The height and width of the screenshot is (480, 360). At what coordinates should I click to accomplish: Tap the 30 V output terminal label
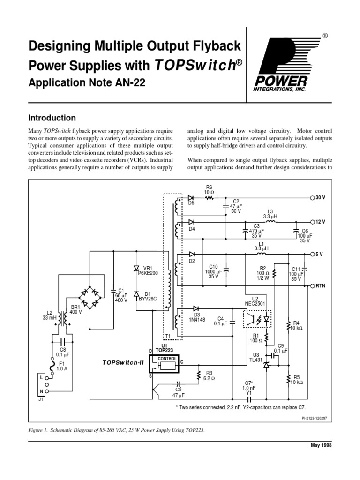coord(320,198)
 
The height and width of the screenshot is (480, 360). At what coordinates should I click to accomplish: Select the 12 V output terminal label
coord(320,221)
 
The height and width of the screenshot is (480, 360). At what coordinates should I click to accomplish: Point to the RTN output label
coord(320,285)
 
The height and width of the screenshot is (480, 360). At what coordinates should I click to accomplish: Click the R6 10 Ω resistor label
coord(209,189)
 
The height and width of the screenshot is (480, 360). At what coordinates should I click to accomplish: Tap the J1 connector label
coord(41,400)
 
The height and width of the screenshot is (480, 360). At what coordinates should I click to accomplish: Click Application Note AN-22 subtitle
coord(87,82)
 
